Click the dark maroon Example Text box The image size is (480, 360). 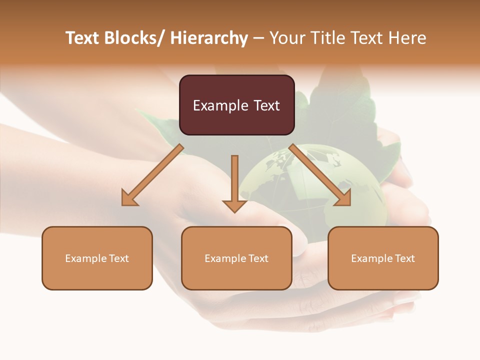(236, 105)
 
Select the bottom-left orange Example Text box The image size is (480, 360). (97, 258)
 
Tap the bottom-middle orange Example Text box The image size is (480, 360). (236, 258)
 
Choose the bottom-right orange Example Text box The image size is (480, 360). (383, 258)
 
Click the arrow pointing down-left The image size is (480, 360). (152, 175)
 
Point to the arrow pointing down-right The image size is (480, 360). (320, 175)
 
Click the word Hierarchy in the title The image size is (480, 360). (209, 38)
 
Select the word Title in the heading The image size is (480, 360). (329, 38)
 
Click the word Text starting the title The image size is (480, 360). (83, 38)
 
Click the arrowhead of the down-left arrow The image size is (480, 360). (129, 198)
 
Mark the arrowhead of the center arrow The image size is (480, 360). (234, 205)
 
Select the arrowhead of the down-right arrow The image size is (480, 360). (343, 198)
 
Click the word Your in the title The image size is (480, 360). (287, 38)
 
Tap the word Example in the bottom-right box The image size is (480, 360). (371, 258)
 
